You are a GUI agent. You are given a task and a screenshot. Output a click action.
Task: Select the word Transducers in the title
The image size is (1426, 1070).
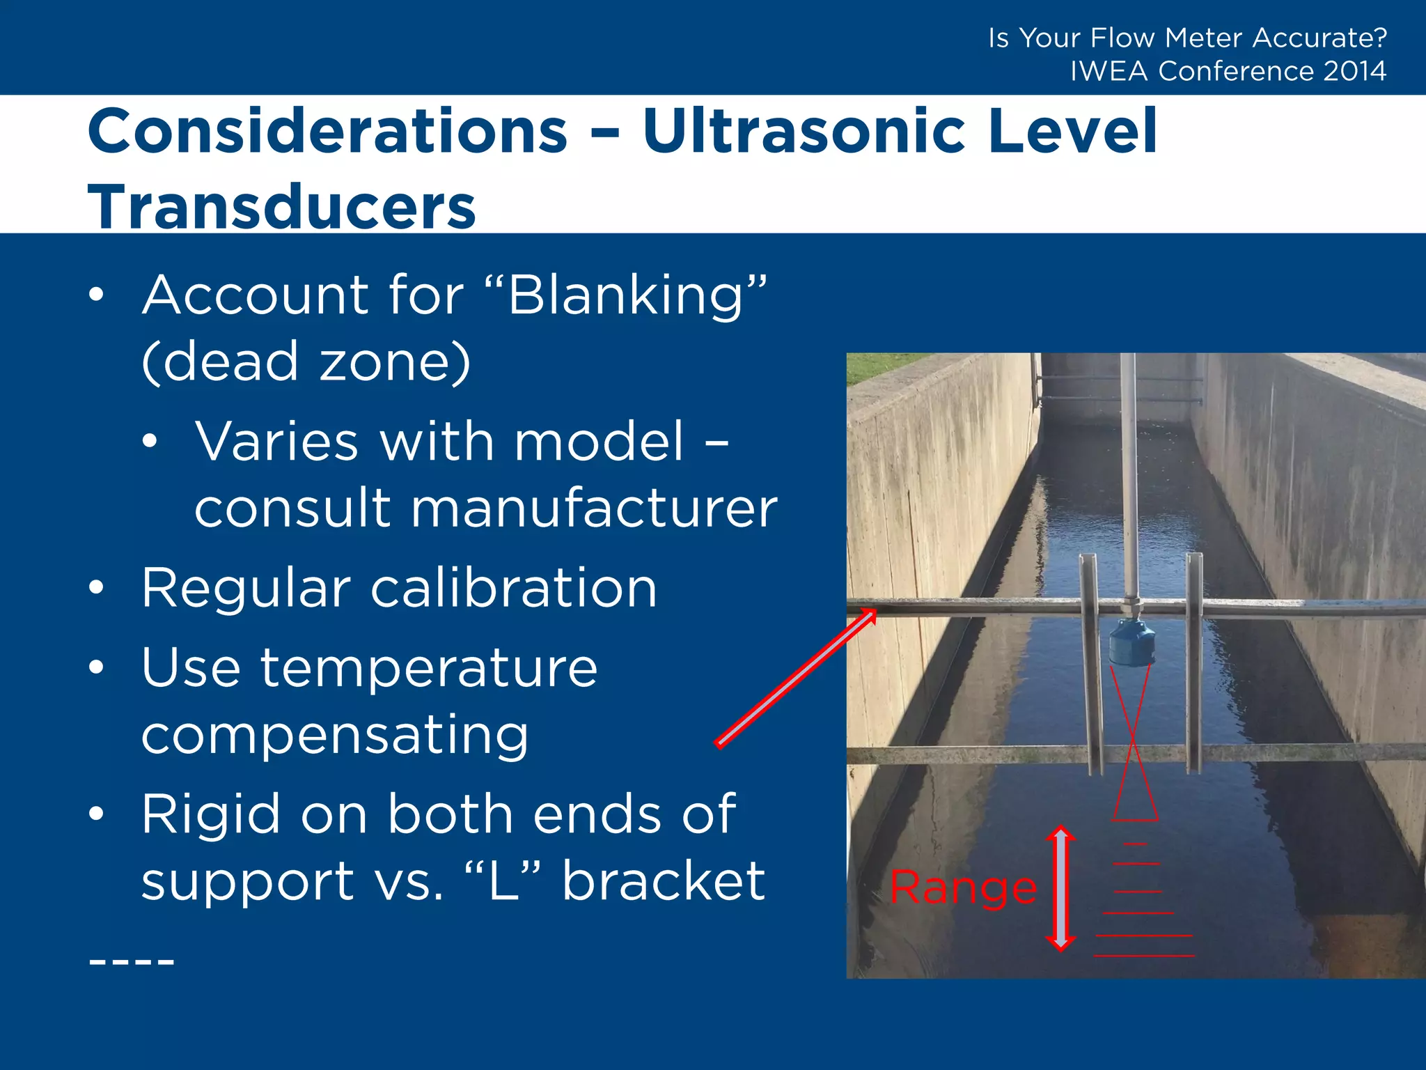coord(281,208)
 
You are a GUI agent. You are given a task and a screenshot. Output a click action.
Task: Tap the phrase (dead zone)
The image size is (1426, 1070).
coord(306,362)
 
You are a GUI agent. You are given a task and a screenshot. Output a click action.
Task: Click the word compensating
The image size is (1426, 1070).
coord(335,736)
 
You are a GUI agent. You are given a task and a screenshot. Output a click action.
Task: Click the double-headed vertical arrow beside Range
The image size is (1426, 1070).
coord(1060,888)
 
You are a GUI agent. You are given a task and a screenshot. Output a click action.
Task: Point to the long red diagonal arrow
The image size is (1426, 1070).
coord(796,678)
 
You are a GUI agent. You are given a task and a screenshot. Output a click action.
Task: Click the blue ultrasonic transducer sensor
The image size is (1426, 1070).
coord(1131,641)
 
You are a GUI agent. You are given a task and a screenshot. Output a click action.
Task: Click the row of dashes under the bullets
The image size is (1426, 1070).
coord(132,962)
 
